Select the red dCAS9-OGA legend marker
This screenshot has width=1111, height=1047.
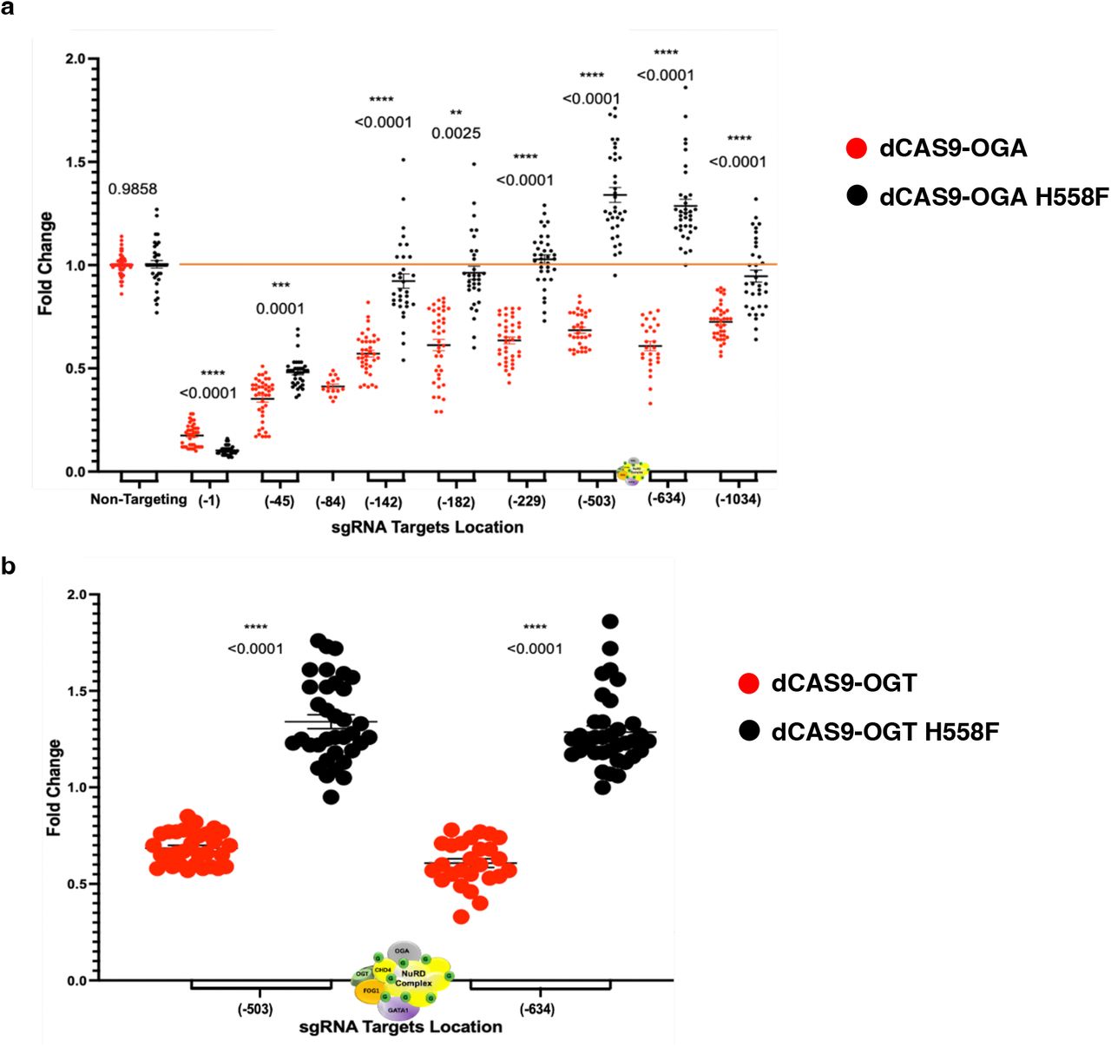pos(857,148)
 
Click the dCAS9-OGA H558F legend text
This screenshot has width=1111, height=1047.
pos(993,197)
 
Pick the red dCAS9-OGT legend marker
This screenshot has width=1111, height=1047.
pos(749,683)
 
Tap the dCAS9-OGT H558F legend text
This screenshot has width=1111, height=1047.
pos(884,732)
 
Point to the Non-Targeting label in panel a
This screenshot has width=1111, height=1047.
pos(138,499)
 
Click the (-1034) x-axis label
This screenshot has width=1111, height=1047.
pos(738,499)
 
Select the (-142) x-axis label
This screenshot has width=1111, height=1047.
pos(383,502)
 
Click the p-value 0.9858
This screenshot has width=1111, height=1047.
pos(133,189)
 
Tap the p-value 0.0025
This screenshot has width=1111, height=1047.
pos(456,134)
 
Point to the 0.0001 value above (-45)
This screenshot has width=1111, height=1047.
pos(279,309)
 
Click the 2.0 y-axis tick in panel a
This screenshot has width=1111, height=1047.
pos(76,59)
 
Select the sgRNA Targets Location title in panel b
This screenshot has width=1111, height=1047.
pos(400,1027)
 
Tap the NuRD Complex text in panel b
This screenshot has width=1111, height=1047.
pos(414,978)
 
